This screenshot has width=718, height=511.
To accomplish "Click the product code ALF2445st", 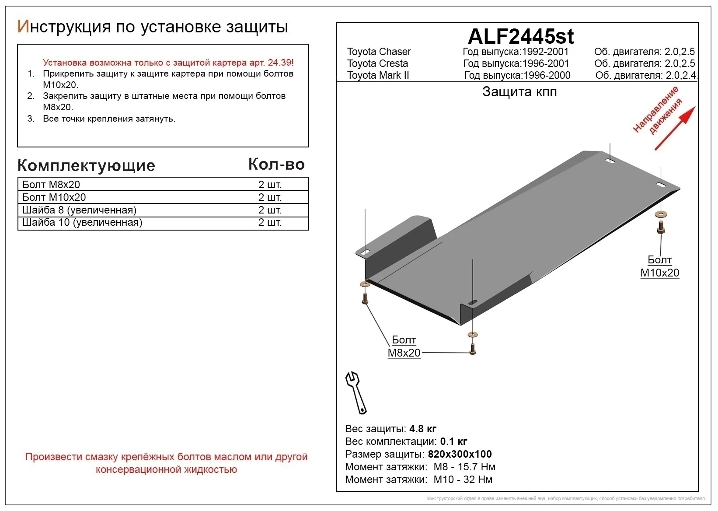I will pos(520,36).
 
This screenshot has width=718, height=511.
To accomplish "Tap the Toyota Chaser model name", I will pos(379,52).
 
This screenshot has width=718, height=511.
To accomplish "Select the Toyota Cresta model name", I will pos(377,63).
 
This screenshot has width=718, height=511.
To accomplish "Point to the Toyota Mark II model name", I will pos(378,75).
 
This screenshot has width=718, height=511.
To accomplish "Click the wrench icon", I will pos(356,392).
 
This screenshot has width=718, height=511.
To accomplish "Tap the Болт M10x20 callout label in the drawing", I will pos(659,266).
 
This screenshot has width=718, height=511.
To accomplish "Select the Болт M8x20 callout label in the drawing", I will pos(404,346).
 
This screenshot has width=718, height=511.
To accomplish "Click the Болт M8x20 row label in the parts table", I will pos(51,185).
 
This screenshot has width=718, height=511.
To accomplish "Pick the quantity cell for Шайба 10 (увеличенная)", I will pos(270,223).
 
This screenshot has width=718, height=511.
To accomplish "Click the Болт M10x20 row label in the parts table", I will pos(54,197).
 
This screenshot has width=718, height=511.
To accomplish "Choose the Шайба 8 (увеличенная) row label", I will pos(79,210).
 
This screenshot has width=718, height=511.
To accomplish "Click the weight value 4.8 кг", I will pos(423,429).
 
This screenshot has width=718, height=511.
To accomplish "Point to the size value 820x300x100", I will pos(460,454).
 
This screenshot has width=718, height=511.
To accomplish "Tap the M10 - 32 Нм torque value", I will pos(463,479).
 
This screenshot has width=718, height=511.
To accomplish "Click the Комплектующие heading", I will pos(86,166).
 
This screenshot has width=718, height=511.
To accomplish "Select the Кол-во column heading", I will pos(276,164).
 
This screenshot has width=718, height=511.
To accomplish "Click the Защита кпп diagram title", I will pos(519,92).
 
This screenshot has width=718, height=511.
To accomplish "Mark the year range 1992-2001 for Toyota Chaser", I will pos(545,52).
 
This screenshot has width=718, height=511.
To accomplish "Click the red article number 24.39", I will pos(278,63).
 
